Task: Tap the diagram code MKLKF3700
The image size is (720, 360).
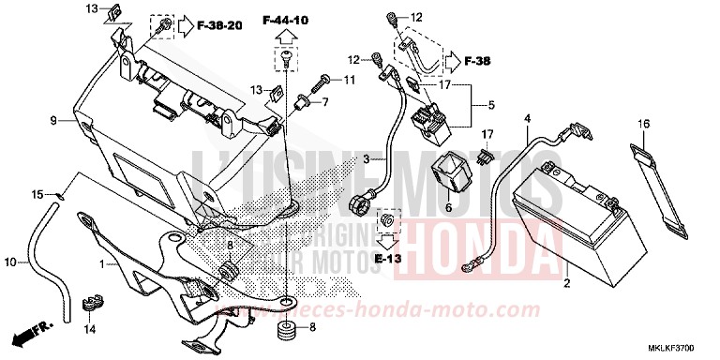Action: pos(681,349)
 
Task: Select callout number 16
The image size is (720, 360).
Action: pos(644,124)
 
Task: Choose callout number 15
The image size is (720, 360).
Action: pos(37,194)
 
